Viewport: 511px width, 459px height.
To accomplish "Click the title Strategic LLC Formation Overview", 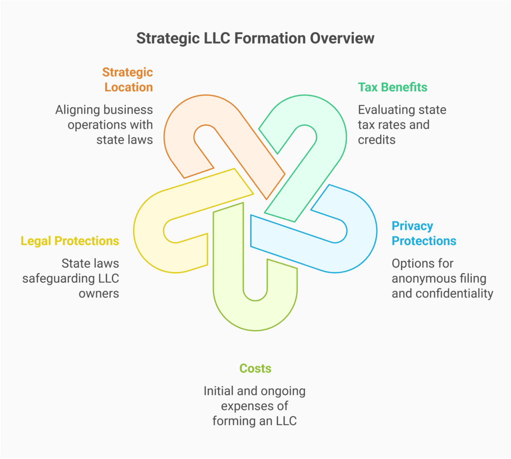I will pyautogui.click(x=255, y=38).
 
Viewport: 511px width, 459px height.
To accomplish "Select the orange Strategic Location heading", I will pyautogui.click(x=128, y=80).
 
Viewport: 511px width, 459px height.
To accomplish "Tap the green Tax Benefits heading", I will pyautogui.click(x=392, y=87).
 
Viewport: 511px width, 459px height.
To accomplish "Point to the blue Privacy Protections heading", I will pyautogui.click(x=424, y=233).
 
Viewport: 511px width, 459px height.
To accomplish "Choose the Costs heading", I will pyautogui.click(x=255, y=369).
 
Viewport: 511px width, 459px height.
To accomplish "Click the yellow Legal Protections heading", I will pyautogui.click(x=70, y=241).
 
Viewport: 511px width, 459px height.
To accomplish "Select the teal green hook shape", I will pyautogui.click(x=329, y=125).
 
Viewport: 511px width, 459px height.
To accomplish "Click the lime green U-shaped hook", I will pyautogui.click(x=230, y=300).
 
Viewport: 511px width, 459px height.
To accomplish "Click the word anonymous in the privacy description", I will pyautogui.click(x=421, y=278).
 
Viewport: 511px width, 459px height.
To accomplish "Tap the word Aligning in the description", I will pyautogui.click(x=78, y=110).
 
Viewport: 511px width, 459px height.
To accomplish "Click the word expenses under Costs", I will pyautogui.click(x=255, y=406).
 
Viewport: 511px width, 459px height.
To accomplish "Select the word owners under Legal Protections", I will pyautogui.click(x=99, y=293).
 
